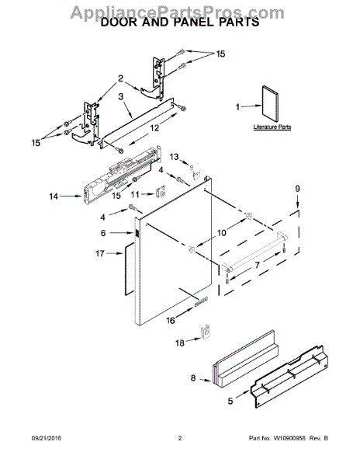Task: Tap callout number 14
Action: (x=54, y=197)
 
